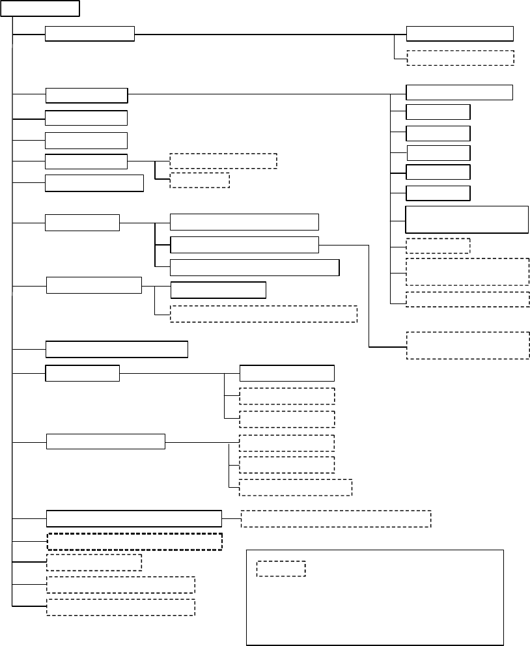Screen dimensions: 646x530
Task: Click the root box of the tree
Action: pos(40,8)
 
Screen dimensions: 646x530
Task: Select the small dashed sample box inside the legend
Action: pos(281,569)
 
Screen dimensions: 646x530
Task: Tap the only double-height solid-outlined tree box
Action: pos(466,219)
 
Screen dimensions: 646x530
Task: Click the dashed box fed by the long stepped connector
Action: pos(467,345)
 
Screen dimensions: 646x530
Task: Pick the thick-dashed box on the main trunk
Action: pos(134,541)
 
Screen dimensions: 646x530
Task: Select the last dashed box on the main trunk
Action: pos(120,607)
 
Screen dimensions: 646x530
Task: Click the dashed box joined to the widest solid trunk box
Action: pos(335,518)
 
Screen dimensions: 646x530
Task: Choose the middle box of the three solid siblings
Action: pos(244,245)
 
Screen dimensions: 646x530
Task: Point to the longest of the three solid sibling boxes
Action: pos(254,268)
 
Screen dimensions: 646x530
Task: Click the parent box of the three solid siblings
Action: pos(82,222)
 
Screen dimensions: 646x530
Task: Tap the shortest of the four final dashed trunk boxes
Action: pos(94,563)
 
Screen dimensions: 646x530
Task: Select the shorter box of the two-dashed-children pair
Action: pos(199,180)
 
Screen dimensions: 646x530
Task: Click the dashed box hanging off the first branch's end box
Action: pos(460,57)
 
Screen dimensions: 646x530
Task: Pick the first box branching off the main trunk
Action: pos(89,34)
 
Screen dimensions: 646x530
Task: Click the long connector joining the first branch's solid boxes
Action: pos(270,34)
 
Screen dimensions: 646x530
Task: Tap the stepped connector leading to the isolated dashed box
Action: pos(369,293)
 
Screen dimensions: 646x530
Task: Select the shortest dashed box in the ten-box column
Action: pos(438,246)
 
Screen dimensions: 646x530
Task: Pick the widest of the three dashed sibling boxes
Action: pos(296,487)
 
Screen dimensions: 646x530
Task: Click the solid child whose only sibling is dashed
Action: pos(218,290)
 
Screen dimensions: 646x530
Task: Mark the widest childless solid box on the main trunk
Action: pos(117,349)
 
